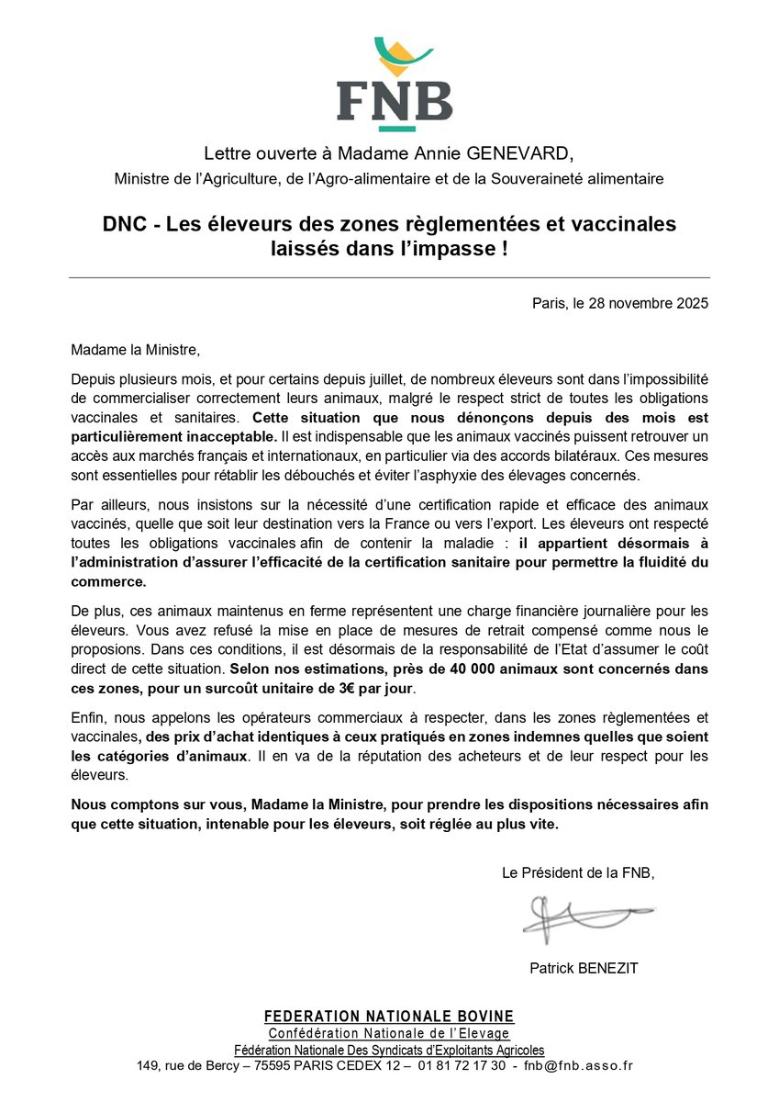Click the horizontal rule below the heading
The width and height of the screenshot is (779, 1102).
pos(389,277)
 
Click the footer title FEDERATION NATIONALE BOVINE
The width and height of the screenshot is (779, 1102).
pos(389,1017)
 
